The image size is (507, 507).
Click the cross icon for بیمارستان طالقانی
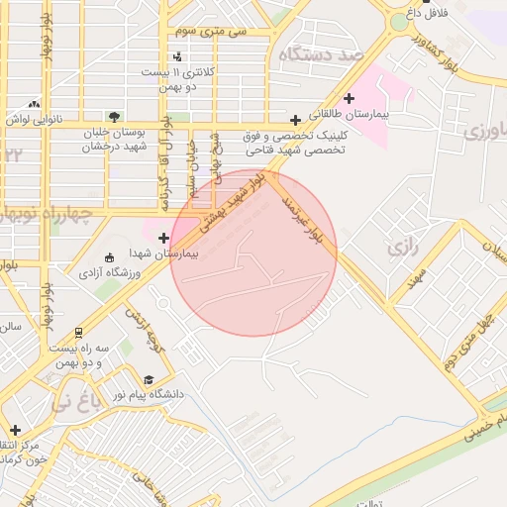[349, 98]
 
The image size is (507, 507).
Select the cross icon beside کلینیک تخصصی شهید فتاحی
[295, 120]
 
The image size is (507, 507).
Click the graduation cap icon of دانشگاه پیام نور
[149, 379]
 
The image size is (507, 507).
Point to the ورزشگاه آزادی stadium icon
[109, 257]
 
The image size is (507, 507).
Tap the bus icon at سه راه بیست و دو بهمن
[78, 334]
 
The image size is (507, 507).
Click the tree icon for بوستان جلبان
[116, 116]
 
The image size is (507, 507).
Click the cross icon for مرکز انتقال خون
[14, 430]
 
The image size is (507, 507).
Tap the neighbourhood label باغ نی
[74, 403]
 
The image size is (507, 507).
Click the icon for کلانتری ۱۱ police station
[176, 56]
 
